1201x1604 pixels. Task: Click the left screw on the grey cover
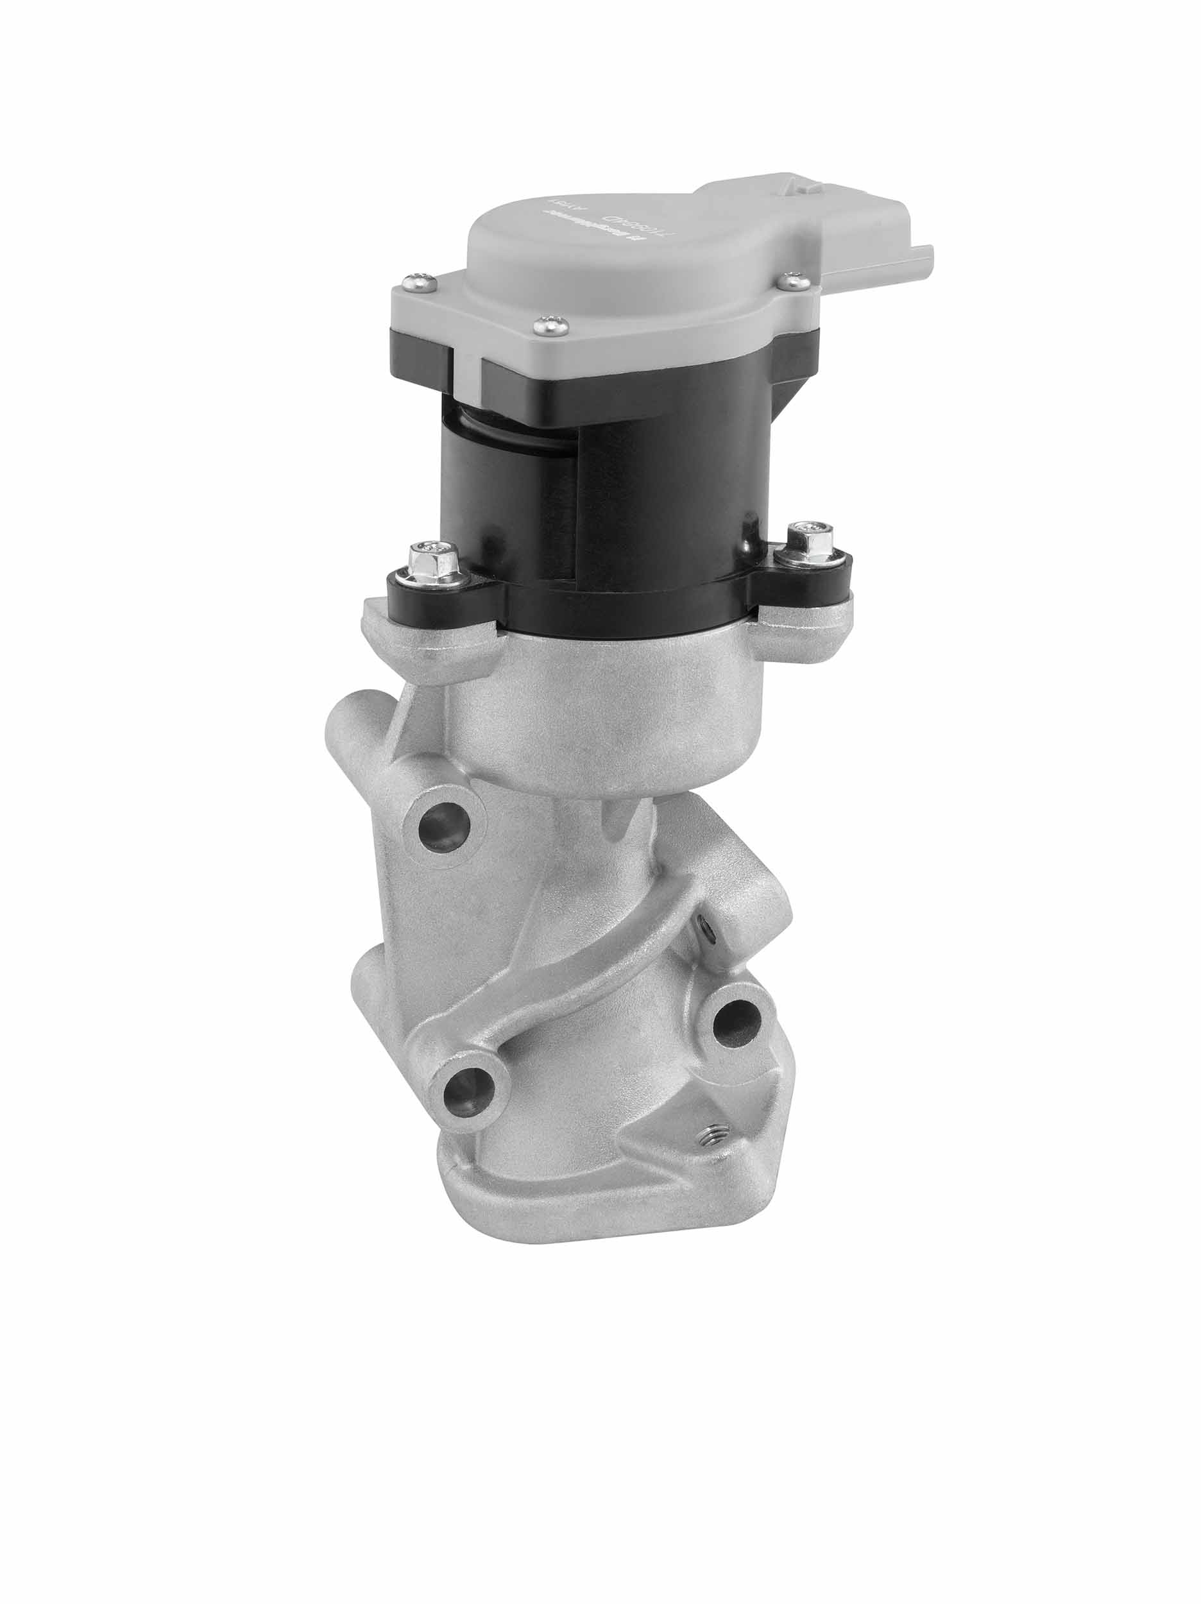[418, 282]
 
